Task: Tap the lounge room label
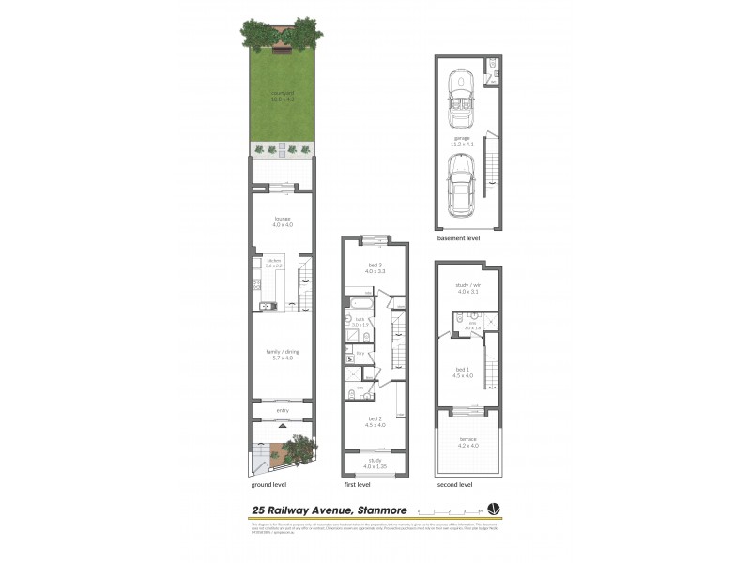click(283, 221)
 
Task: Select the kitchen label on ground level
click(275, 263)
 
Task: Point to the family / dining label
click(283, 355)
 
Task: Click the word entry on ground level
click(283, 410)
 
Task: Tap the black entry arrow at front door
click(283, 426)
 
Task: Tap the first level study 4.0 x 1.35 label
click(374, 463)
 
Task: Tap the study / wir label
click(467, 289)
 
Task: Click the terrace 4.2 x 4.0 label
click(467, 442)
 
